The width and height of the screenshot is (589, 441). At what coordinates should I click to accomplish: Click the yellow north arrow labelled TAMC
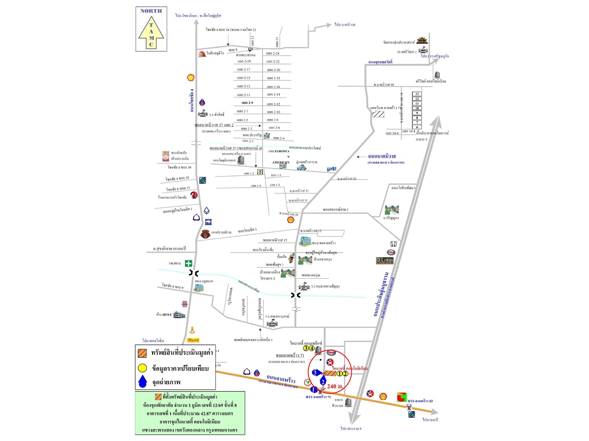tap(151, 32)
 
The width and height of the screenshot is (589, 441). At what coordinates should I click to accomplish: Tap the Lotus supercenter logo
tap(384, 261)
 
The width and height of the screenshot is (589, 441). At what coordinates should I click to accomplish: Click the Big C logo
tap(402, 396)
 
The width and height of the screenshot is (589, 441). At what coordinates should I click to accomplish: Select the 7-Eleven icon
tap(260, 172)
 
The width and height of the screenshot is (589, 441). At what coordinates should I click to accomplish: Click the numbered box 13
tap(417, 94)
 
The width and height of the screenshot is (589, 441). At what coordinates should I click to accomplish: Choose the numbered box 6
tap(417, 127)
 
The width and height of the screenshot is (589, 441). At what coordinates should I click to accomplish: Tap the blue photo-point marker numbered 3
tap(315, 372)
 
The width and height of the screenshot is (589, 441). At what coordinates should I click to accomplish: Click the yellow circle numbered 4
tap(312, 348)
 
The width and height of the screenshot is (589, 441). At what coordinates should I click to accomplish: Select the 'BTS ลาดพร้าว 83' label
tap(420, 401)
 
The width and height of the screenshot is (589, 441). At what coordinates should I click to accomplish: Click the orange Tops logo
tap(193, 340)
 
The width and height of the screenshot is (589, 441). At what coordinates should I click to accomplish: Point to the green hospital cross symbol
tap(189, 263)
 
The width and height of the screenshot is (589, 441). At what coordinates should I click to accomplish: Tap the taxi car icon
tap(301, 167)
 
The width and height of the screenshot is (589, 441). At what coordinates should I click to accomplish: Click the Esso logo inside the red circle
tap(331, 352)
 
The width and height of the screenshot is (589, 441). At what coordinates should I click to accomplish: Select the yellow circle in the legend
tap(142, 368)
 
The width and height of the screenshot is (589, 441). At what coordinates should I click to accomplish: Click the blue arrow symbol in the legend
tap(142, 381)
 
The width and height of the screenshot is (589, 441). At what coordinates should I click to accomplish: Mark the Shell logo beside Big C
tap(383, 396)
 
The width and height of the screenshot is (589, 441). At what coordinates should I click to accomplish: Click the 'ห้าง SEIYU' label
tap(164, 314)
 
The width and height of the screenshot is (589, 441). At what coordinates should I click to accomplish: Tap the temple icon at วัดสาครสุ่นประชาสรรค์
tap(422, 40)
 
